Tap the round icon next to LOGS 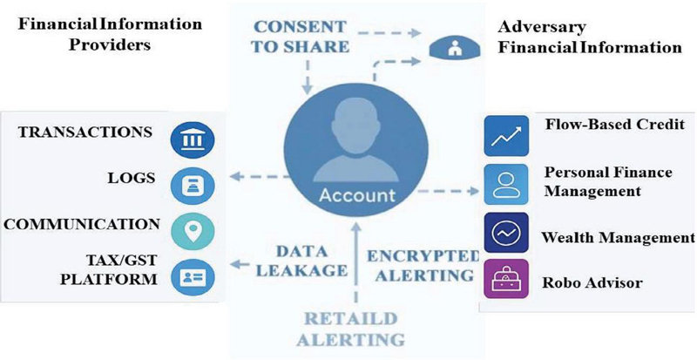(x=193, y=186)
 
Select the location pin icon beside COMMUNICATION (x=193, y=231)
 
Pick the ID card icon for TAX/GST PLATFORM (x=193, y=278)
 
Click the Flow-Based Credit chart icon (x=506, y=136)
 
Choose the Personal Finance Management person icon (x=506, y=184)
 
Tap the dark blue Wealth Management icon (x=506, y=232)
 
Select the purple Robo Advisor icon (x=506, y=279)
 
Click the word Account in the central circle (x=357, y=195)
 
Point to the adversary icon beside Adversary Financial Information (x=454, y=48)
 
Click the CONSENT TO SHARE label (x=301, y=36)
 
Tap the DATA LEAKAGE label (x=301, y=261)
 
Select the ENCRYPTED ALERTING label (x=422, y=266)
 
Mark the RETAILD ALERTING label (x=351, y=329)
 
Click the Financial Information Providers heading (x=110, y=34)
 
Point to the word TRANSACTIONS (x=85, y=132)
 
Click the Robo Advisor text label (x=592, y=282)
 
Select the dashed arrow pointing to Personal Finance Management (x=449, y=192)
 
